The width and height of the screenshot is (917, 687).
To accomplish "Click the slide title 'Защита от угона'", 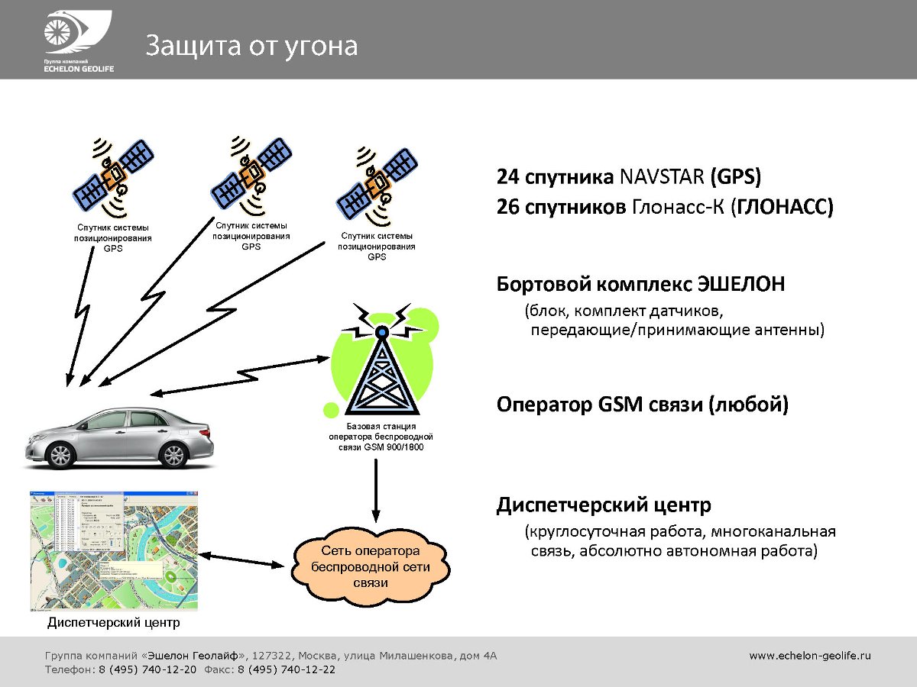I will point(251,46).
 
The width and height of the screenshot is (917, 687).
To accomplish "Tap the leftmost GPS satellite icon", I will point(114,178).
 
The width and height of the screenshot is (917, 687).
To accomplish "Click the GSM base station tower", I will point(381,366).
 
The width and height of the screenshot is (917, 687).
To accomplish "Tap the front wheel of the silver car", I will point(60,456).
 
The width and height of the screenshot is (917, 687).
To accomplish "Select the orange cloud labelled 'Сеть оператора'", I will point(370,566).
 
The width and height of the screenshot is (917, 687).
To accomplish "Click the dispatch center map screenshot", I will point(113,550).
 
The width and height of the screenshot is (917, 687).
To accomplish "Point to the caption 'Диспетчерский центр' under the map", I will point(114,623).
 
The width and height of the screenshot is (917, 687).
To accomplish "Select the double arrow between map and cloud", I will point(241,560).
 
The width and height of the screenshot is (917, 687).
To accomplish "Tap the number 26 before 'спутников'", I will point(507,207).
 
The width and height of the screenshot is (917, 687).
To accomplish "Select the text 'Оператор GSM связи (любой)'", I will point(642,404).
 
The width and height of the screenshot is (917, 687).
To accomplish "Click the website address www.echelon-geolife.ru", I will point(810,655).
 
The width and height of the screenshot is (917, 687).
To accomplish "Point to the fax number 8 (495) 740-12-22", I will point(286,669).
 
